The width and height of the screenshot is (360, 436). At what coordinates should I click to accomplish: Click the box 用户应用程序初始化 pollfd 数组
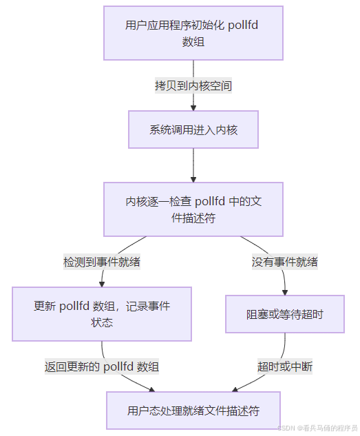[193, 33]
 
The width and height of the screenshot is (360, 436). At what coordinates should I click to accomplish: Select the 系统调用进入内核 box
[193, 129]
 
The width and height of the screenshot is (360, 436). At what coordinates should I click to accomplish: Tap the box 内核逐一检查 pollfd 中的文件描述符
[193, 209]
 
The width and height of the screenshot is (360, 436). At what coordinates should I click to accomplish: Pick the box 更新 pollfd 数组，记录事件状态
[101, 313]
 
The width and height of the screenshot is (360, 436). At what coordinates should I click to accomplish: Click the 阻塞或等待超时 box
[285, 314]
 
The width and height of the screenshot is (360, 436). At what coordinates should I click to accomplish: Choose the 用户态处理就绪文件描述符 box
[193, 411]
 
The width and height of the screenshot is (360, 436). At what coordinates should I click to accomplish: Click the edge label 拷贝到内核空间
[193, 86]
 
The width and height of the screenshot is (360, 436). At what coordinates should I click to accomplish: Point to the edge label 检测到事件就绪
[103, 262]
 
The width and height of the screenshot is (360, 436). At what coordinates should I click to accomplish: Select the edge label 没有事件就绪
[285, 262]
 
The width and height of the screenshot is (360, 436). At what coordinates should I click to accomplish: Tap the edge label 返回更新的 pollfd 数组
[103, 366]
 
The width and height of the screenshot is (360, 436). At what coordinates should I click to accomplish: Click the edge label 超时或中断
[285, 366]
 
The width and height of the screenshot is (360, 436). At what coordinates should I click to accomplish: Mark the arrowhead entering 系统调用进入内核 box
[193, 107]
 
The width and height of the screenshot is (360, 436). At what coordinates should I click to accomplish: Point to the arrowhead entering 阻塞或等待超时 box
[285, 292]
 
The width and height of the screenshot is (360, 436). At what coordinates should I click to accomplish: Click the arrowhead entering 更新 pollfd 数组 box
[102, 282]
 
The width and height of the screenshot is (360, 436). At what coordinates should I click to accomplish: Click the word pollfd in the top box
[247, 25]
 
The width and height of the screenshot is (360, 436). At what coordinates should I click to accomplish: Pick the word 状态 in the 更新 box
[102, 322]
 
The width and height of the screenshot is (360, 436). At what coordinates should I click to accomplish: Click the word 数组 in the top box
[193, 41]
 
